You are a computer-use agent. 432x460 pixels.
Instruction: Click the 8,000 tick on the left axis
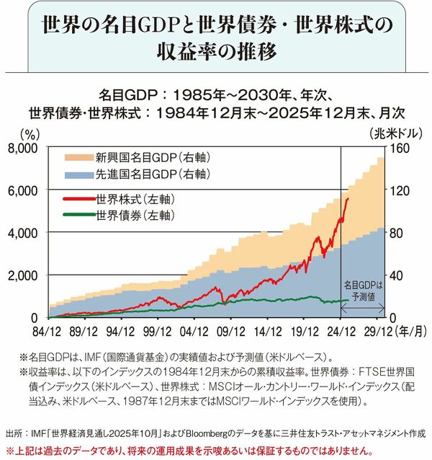pos(26,148)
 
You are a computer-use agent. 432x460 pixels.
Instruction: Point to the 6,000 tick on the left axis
pos(26,190)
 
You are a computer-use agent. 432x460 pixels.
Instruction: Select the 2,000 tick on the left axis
pos(26,275)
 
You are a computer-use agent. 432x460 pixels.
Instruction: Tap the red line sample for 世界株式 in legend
pos(78,198)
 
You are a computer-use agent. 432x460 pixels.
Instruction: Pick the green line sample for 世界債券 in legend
pos(78,214)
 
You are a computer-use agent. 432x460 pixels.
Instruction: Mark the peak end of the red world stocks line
pos(348,198)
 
